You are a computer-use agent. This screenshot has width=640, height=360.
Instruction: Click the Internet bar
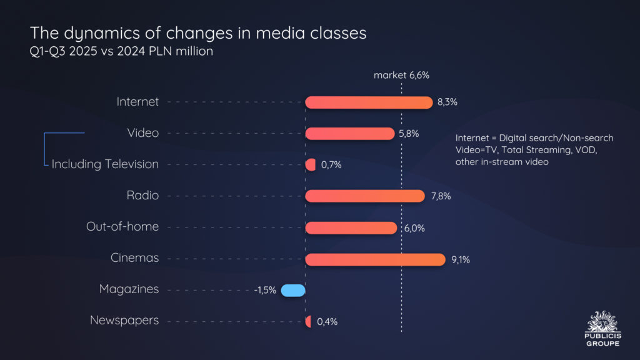tap(369, 102)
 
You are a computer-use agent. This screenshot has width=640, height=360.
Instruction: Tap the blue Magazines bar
tap(292, 290)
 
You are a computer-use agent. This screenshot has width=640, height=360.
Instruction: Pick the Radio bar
tap(365, 196)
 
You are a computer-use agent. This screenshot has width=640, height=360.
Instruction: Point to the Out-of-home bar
tap(351, 227)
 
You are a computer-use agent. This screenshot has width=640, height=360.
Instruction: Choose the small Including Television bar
tap(311, 165)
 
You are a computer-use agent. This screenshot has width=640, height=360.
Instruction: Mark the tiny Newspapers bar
tap(308, 321)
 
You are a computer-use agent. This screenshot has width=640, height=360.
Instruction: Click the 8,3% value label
tap(447, 102)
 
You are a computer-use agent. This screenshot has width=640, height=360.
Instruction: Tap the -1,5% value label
tap(265, 291)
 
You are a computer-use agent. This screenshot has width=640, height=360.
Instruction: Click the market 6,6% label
tap(401, 76)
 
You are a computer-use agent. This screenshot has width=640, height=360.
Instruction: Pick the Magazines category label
tap(129, 289)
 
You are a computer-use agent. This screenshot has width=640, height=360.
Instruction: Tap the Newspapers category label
tap(124, 321)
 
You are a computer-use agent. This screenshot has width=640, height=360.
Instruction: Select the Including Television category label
tap(105, 164)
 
